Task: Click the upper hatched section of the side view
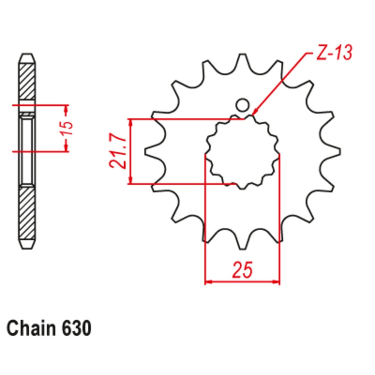(x=28, y=81)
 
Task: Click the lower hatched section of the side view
(x=28, y=214)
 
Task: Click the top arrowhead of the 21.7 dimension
(x=130, y=122)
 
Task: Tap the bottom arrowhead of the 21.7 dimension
(x=130, y=181)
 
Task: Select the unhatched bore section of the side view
(x=28, y=150)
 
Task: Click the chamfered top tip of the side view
(x=28, y=58)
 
